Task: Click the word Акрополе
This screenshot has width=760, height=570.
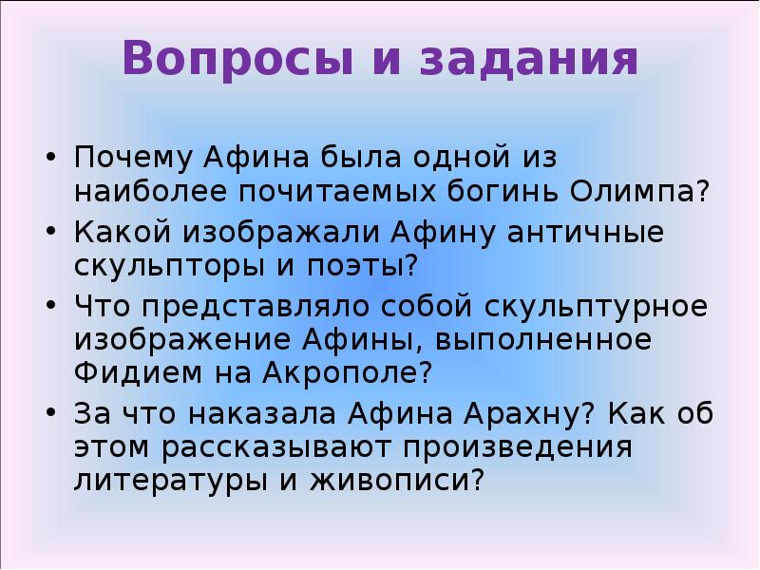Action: [361, 372]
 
